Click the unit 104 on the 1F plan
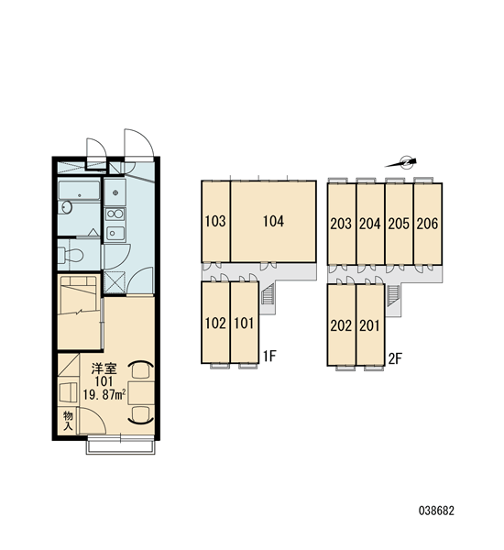coord(273,221)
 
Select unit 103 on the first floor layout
coord(215,221)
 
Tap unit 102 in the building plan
coord(215,323)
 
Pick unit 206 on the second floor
coord(428,224)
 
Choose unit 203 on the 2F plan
coord(342,224)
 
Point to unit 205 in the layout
coord(399,224)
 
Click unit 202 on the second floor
coord(342,325)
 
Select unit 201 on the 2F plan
coord(370,325)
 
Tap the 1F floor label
coord(270,357)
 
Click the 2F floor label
coord(396,358)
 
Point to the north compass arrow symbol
coord(401,163)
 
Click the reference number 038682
coord(436,511)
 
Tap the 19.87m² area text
coord(104,394)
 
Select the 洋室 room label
coord(104,369)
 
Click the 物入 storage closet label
coord(68,421)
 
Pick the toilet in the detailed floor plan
coord(71,256)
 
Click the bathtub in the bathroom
coord(79,191)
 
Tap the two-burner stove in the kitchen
coord(115,214)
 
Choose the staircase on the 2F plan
coord(393,296)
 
